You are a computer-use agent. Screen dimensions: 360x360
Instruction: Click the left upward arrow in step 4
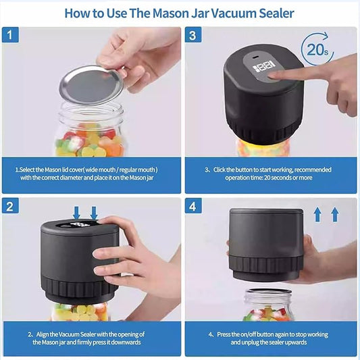(x=318, y=215)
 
